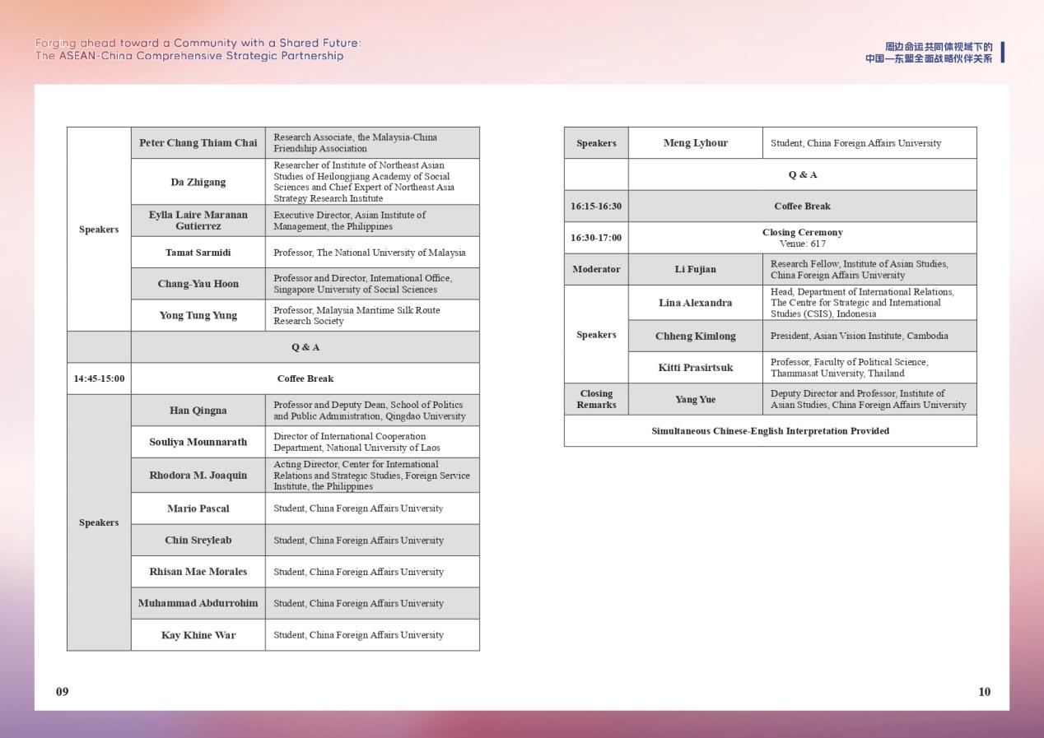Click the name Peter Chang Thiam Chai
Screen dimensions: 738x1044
(x=198, y=143)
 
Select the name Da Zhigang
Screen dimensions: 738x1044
(x=198, y=182)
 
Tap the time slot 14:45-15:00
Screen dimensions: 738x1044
(x=99, y=379)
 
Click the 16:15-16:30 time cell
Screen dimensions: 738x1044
(x=596, y=207)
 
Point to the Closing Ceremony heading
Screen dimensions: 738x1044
(x=802, y=233)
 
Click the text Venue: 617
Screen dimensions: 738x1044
(x=802, y=244)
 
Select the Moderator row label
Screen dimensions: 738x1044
(x=596, y=270)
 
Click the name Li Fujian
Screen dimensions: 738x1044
(x=695, y=270)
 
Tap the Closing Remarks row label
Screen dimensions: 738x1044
(x=596, y=399)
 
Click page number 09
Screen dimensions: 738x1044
(x=63, y=692)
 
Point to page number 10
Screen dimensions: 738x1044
(x=984, y=692)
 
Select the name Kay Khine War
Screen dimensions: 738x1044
(x=198, y=635)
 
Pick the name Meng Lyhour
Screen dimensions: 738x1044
(x=695, y=143)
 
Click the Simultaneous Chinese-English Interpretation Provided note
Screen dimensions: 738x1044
(x=770, y=431)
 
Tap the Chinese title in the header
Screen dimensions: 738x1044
(x=929, y=53)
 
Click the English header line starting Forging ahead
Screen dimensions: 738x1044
(x=198, y=43)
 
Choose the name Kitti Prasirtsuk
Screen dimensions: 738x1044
(x=695, y=368)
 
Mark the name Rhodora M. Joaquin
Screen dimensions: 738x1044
(x=198, y=476)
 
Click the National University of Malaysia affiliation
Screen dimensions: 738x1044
(x=369, y=253)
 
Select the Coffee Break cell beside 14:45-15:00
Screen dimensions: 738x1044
(x=305, y=379)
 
